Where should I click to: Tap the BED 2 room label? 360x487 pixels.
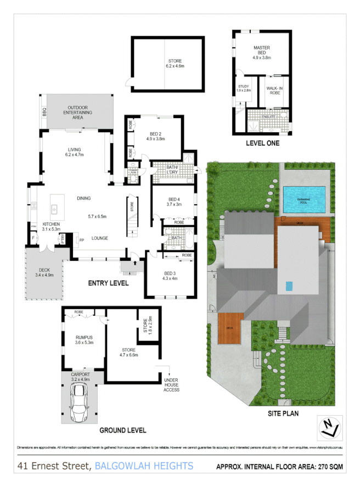pyautogui.click(x=155, y=134)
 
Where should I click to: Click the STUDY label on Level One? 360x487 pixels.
pyautogui.click(x=244, y=86)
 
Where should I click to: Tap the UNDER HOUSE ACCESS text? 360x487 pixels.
pyautogui.click(x=170, y=383)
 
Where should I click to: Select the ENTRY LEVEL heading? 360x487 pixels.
pyautogui.click(x=108, y=283)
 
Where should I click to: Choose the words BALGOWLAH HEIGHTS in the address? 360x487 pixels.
pyautogui.click(x=144, y=466)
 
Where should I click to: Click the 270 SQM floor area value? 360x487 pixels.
pyautogui.click(x=328, y=467)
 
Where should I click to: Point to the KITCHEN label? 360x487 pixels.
pyautogui.click(x=51, y=225)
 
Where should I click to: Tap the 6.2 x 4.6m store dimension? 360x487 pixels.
pyautogui.click(x=175, y=66)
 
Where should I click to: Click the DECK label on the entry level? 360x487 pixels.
pyautogui.click(x=44, y=270)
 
